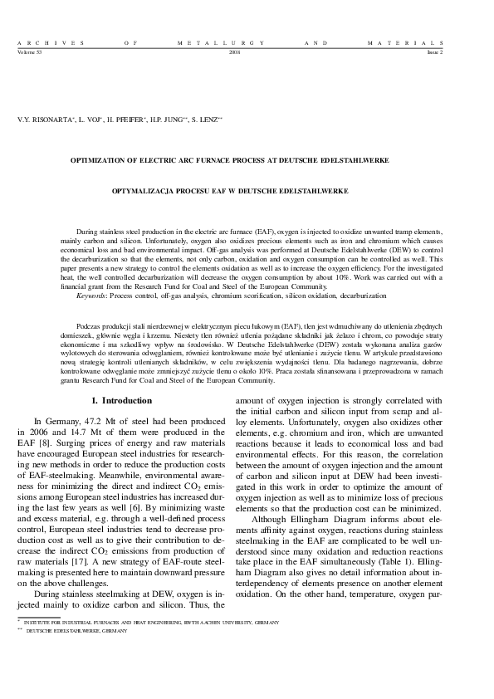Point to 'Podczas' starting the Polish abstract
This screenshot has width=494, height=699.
88,327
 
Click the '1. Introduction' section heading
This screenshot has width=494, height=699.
125,402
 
